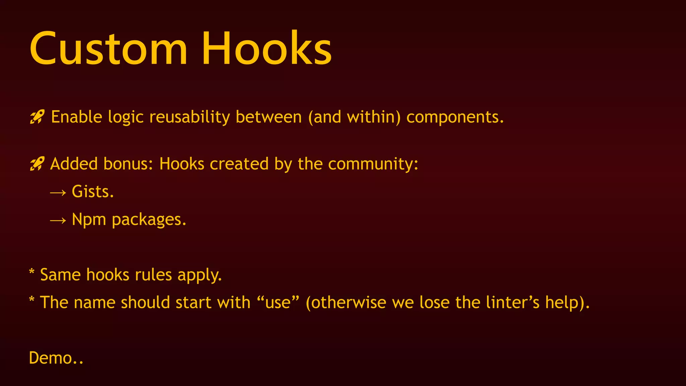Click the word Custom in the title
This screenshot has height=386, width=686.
(108, 49)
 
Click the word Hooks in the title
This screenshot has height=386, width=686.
(266, 49)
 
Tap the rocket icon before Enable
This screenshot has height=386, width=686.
(37, 117)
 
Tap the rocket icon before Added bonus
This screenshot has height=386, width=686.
(37, 164)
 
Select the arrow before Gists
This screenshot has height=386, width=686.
(58, 192)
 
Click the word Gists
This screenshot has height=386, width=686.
(93, 192)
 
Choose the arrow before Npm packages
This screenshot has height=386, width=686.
(58, 220)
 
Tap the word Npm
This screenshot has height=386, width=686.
(89, 220)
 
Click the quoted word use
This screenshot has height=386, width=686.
(278, 303)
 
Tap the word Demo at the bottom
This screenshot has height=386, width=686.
(51, 358)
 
